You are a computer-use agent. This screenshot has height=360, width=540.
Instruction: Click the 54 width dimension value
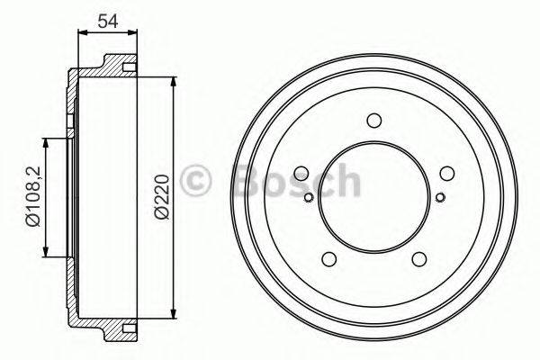pos(109,21)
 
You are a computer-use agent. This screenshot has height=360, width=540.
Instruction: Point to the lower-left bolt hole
pos(329,260)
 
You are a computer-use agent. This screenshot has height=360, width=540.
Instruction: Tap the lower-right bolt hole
pos(419,260)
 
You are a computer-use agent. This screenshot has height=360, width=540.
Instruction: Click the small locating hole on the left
pos(309,197)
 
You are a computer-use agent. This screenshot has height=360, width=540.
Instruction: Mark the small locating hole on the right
pos(439,197)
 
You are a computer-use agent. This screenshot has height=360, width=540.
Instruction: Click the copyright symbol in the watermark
pos(197,181)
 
